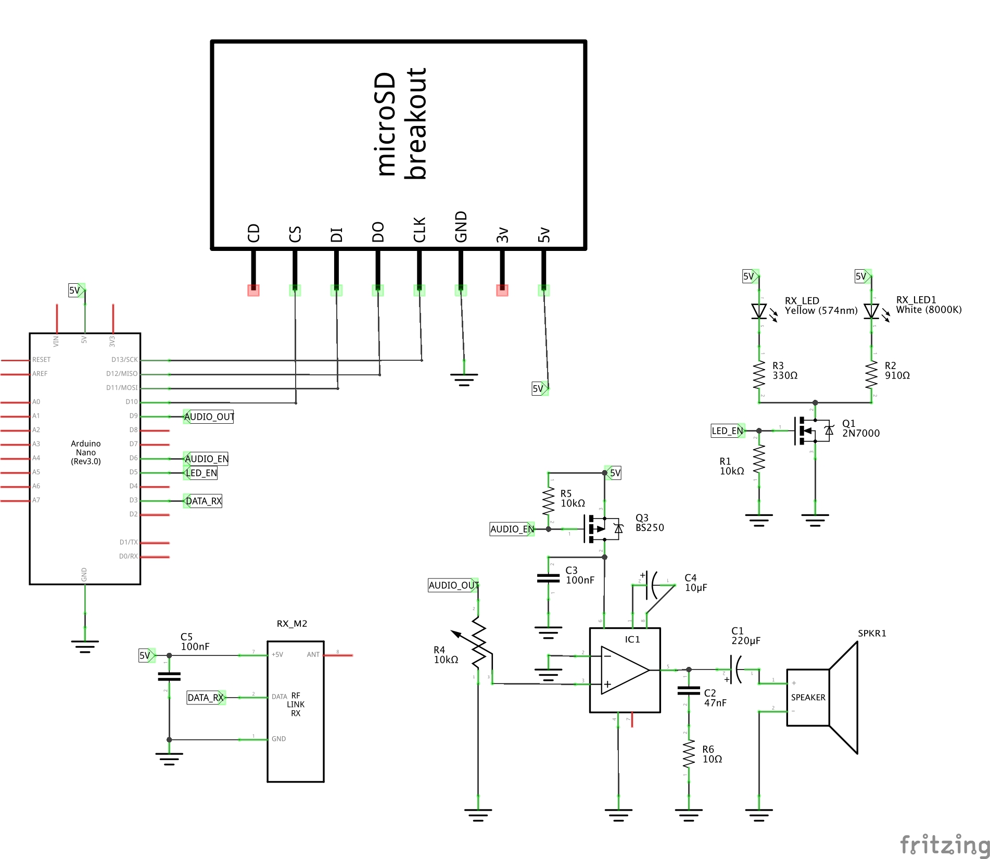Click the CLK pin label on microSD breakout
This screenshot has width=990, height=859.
coord(420,230)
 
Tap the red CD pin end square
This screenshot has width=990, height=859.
coord(253,290)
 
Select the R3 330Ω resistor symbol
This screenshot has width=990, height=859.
coord(759,375)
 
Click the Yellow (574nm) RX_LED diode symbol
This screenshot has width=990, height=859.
coord(759,311)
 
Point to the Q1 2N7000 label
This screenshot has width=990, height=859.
coord(860,428)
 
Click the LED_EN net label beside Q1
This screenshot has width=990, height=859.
coord(727,431)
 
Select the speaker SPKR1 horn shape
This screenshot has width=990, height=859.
coord(843,698)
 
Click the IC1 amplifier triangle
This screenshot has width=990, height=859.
coord(625,670)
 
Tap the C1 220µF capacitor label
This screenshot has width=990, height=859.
coord(745,636)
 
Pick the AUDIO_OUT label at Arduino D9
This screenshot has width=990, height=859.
coord(209,416)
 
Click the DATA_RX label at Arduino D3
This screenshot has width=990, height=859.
coord(204,501)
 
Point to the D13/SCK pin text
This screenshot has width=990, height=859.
coord(124,360)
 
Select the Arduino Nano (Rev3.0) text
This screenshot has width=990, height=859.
coord(86,452)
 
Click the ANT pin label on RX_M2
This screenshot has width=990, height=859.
coord(313,654)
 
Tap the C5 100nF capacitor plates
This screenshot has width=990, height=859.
coord(169,676)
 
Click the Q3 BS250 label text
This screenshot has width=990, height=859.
coord(649,523)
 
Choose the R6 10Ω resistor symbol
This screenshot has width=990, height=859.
coord(689,754)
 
